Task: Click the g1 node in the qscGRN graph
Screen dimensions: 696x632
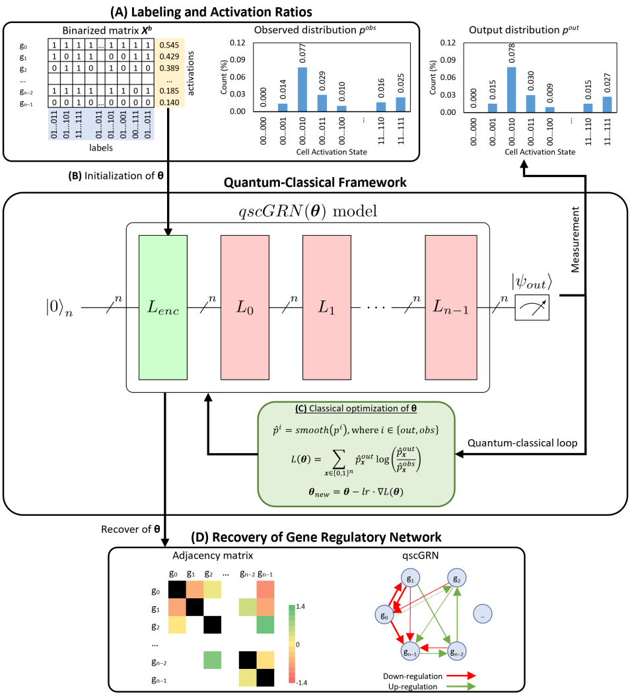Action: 411,578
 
